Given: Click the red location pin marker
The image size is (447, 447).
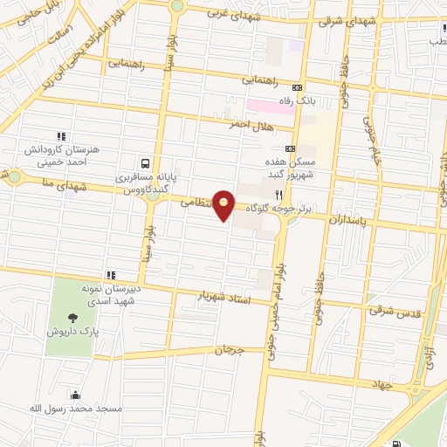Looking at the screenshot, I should (x=224, y=205).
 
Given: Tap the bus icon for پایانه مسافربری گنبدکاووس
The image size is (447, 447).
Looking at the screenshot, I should (x=145, y=162).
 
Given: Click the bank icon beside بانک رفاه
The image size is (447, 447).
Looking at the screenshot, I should (x=297, y=88).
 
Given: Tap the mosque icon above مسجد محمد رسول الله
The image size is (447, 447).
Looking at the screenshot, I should (x=75, y=394).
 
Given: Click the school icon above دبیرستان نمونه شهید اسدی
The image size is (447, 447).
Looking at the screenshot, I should (x=110, y=275).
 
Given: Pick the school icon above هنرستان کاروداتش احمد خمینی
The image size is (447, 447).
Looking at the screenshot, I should (x=61, y=136).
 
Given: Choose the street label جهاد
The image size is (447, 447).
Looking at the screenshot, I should (x=382, y=384).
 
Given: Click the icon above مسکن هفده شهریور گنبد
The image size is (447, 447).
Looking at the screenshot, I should (x=290, y=148).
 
